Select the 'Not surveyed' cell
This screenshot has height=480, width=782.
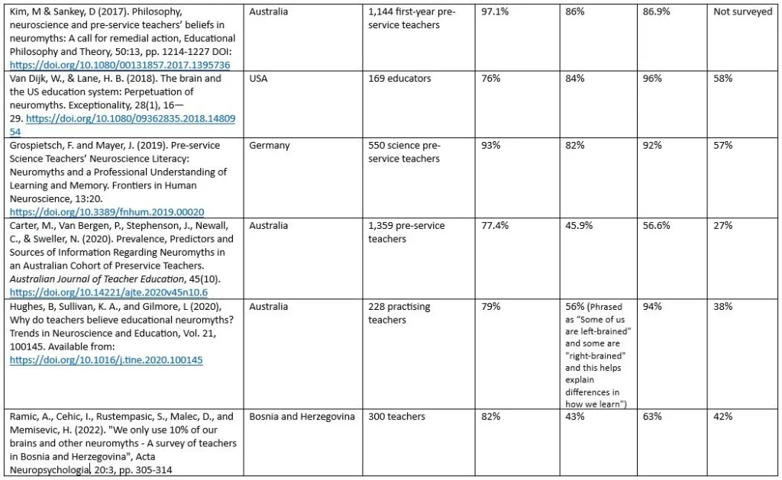pyautogui.click(x=742, y=13)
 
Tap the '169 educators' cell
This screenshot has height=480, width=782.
pyautogui.click(x=399, y=79)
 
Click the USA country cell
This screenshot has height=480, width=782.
pyautogui.click(x=258, y=79)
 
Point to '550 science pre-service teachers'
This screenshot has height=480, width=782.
pyautogui.click(x=405, y=152)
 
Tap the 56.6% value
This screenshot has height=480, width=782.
pyautogui.click(x=657, y=226)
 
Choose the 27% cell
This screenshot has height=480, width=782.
pyautogui.click(x=722, y=226)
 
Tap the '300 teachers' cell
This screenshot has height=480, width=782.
pyautogui.click(x=397, y=417)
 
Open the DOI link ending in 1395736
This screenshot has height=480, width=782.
pyautogui.click(x=120, y=65)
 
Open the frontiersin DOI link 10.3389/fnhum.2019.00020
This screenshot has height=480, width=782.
pyautogui.click(x=107, y=211)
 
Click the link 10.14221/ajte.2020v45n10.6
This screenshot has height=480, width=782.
pyautogui.click(x=108, y=292)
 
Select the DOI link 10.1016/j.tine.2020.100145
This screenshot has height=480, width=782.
pyautogui.click(x=106, y=359)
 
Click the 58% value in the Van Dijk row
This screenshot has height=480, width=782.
pyautogui.click(x=722, y=79)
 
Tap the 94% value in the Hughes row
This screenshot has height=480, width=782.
pyautogui.click(x=651, y=307)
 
